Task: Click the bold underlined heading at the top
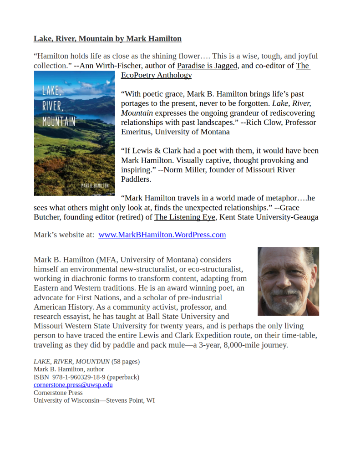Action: tap(107, 39)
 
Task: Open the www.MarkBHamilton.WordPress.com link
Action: tap(162, 235)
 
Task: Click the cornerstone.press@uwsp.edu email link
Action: tap(73, 385)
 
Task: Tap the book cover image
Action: tap(74, 133)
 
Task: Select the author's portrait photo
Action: tap(288, 281)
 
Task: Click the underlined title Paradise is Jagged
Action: tap(207, 66)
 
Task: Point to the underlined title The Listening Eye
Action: tap(185, 217)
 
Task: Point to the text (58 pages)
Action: tap(126, 362)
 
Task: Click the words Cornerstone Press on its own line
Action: tap(58, 393)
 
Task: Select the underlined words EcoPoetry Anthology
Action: tap(156, 76)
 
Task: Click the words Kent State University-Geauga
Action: tap(269, 217)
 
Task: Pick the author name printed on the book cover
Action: tap(95, 186)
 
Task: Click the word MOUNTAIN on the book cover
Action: tap(59, 122)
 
